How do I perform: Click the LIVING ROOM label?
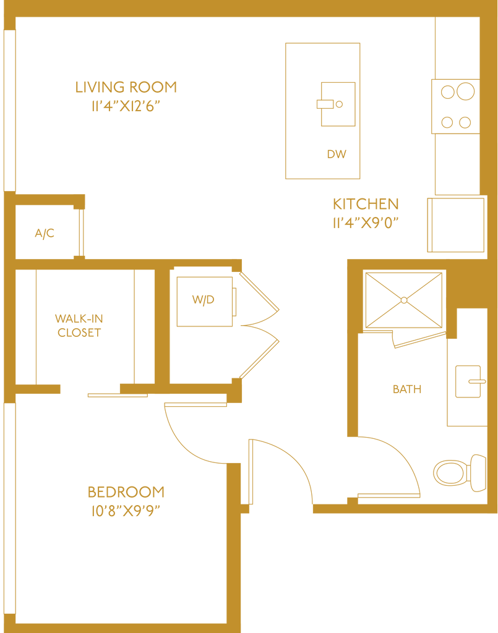click(126, 87)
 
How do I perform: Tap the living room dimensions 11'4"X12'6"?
click(126, 106)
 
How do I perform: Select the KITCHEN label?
click(366, 204)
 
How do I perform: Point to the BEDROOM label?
click(126, 492)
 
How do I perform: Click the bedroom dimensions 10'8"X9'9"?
click(126, 511)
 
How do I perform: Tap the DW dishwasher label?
click(337, 154)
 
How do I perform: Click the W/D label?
click(203, 300)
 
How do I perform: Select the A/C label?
click(45, 233)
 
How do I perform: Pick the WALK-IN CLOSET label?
click(79, 325)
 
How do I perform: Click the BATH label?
click(407, 389)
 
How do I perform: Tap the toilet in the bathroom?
click(460, 473)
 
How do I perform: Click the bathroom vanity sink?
click(468, 381)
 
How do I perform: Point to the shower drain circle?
click(404, 300)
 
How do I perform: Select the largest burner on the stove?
click(465, 91)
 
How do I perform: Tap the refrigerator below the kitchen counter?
click(455, 225)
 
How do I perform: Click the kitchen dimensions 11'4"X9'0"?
click(366, 223)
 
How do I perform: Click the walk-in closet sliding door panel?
click(118, 395)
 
